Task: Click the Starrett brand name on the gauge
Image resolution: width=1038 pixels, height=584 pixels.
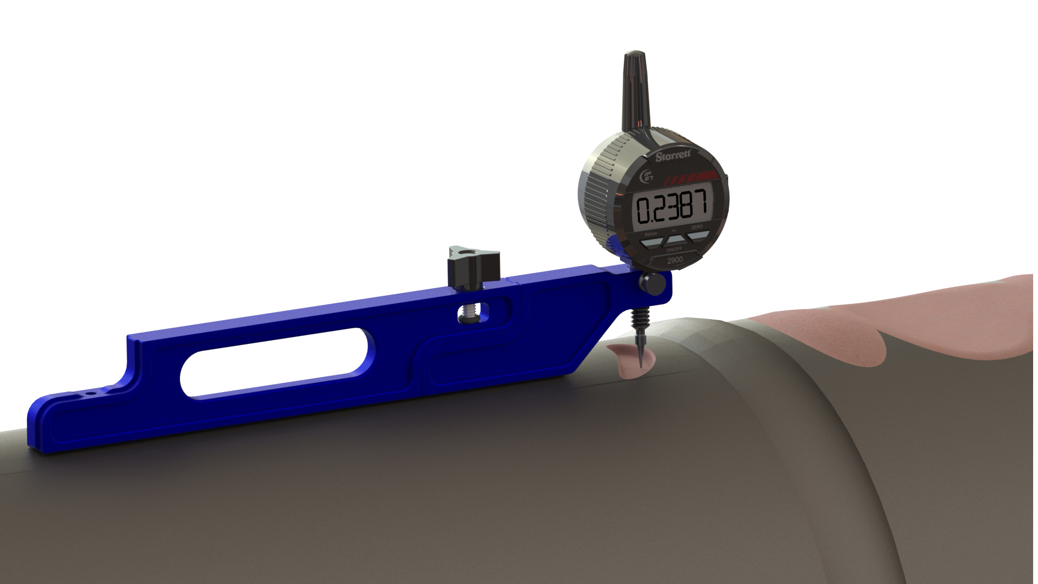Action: [x=673, y=156]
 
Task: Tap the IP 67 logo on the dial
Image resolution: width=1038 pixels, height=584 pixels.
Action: [x=647, y=176]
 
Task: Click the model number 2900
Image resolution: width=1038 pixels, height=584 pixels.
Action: [x=675, y=260]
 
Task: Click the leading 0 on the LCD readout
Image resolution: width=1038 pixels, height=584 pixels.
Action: [x=644, y=210]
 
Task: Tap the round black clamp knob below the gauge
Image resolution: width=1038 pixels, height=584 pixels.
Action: [x=653, y=284]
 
